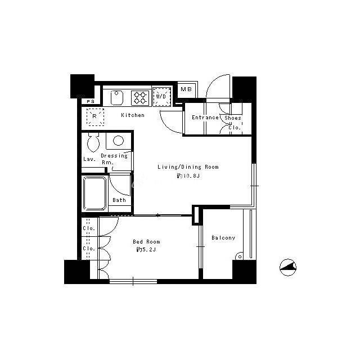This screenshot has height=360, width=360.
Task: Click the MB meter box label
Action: pos(186,89)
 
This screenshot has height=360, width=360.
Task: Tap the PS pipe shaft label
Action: pos(91,101)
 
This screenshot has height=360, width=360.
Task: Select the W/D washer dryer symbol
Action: pos(161,96)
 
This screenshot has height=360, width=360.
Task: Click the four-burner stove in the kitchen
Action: pos(140,98)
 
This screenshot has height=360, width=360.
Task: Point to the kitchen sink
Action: pos(117,97)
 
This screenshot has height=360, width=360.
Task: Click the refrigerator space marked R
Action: pos(95,117)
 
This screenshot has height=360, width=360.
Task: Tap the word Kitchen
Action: pos(133,115)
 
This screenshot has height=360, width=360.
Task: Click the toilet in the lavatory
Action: pos(93,142)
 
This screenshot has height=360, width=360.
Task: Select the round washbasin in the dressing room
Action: pos(119,141)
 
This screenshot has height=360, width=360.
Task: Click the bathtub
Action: pos(94,193)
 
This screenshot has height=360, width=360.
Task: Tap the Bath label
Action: pos(119,200)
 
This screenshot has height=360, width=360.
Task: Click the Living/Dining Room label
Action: pos(188,167)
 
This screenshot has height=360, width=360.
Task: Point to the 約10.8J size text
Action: pos(188,176)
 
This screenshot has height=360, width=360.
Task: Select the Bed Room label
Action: pos(146,242)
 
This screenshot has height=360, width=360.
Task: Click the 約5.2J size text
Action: pos(146,250)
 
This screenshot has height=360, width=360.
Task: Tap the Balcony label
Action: pos(223,238)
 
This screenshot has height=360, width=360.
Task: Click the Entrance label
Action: pos(205,118)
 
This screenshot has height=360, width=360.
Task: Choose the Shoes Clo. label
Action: pos(233,123)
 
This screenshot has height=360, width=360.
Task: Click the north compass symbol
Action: pos(288,267)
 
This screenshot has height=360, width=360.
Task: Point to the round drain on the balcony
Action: pos(239,256)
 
